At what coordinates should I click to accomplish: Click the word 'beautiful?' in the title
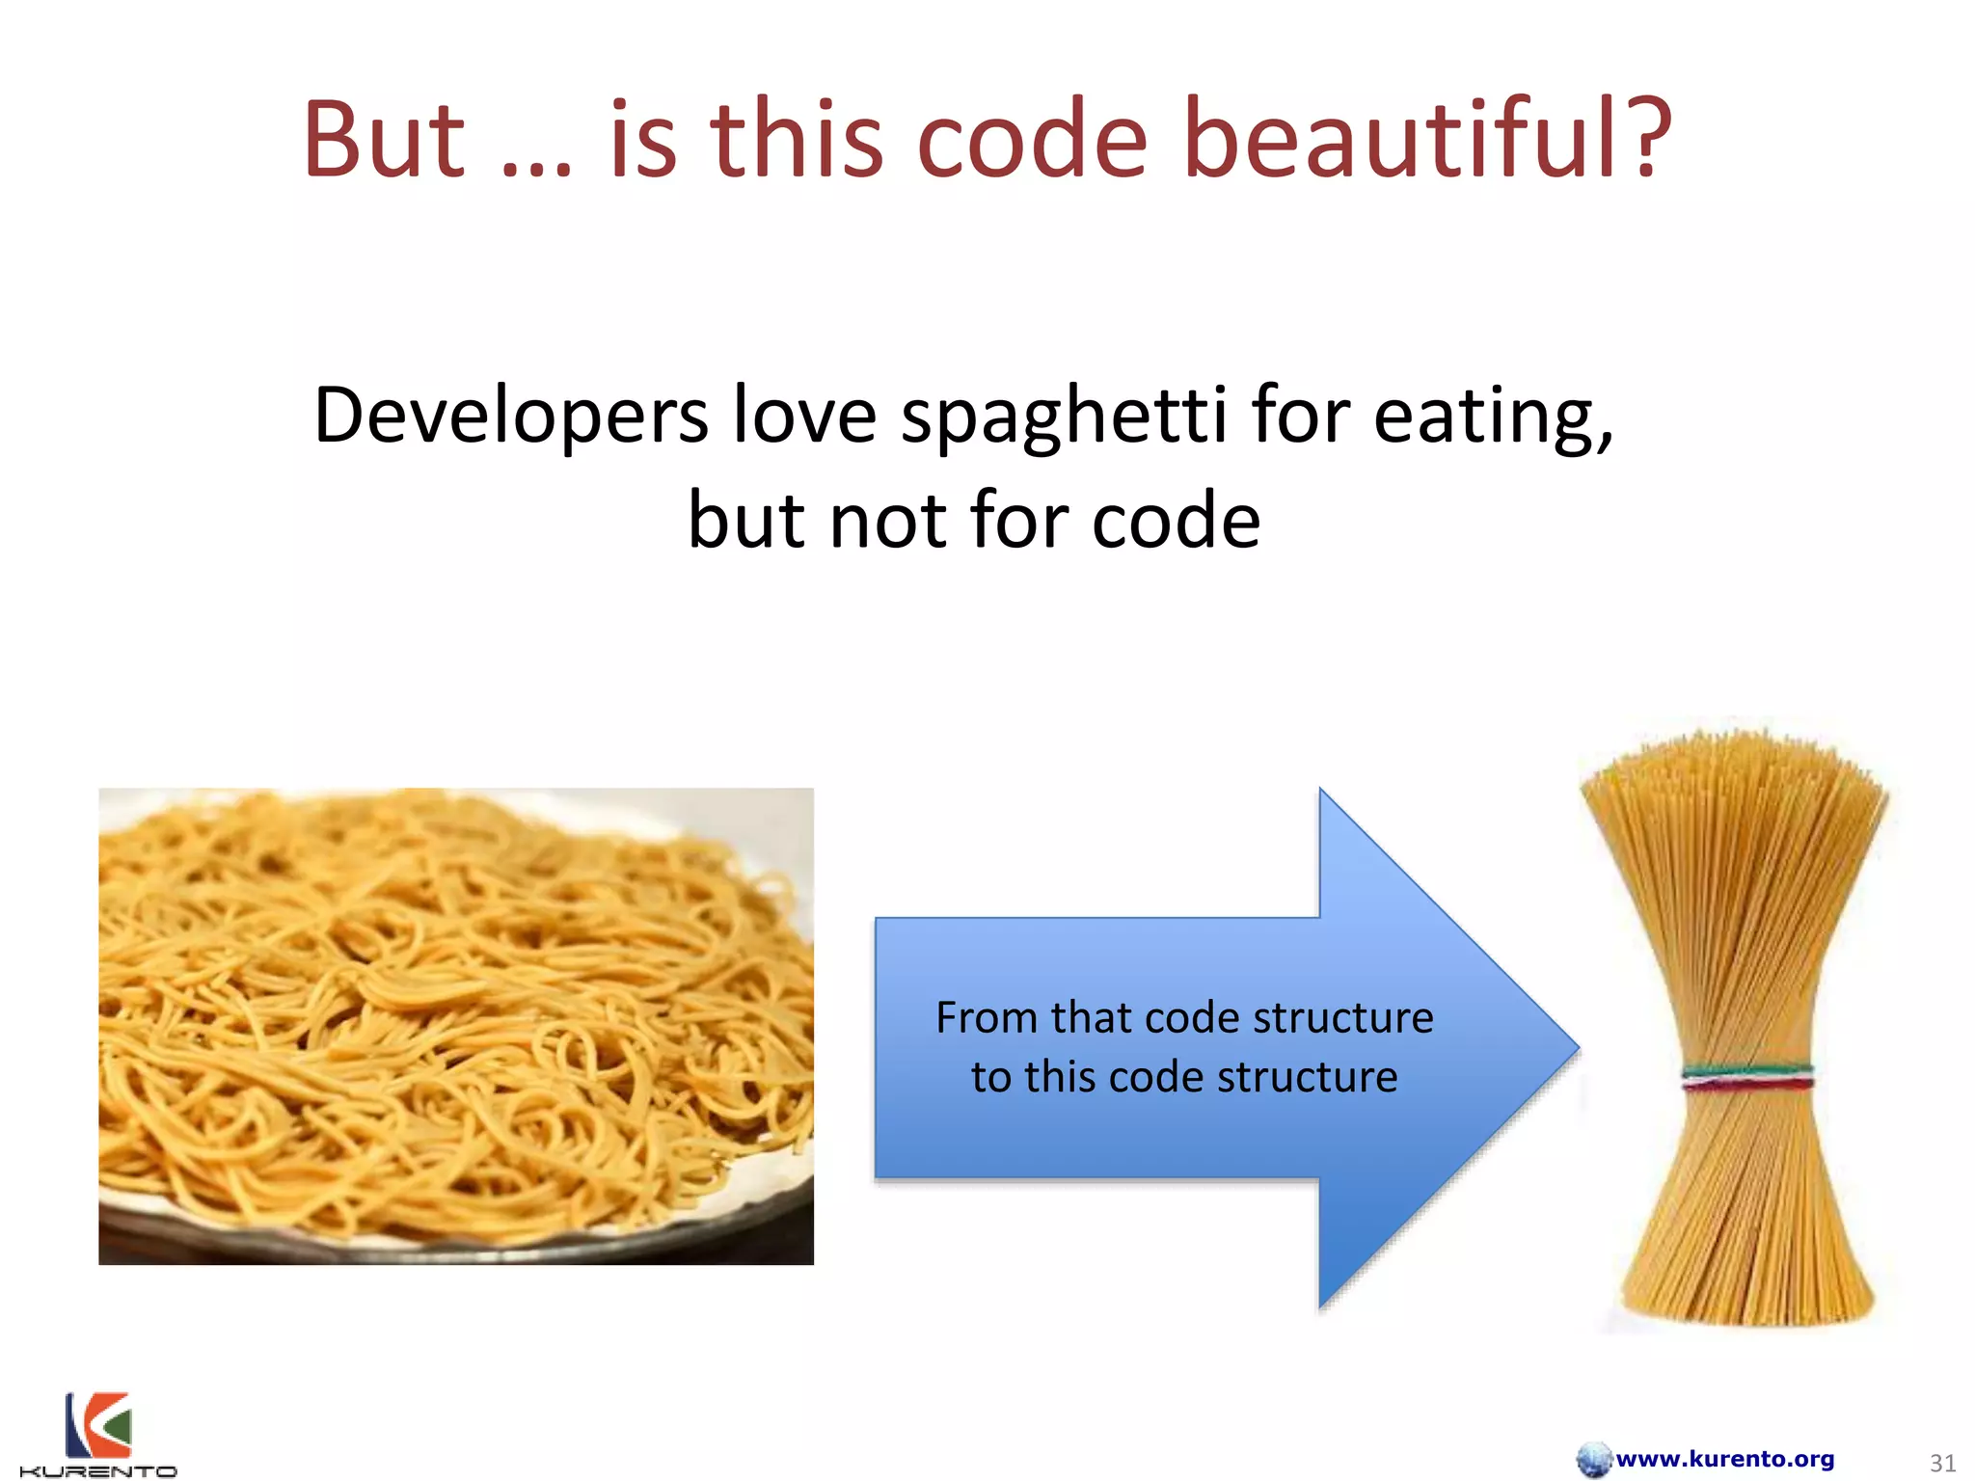tap(1427, 140)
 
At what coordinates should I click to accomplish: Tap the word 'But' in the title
tap(384, 140)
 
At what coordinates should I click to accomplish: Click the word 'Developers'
tap(511, 417)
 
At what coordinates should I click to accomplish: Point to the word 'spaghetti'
tap(1064, 417)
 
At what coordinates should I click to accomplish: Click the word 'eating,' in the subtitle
tap(1493, 417)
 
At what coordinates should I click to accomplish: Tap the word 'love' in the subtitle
tap(804, 417)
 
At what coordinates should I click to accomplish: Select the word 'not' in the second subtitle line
tap(888, 522)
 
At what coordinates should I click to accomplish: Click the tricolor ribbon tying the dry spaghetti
tap(1747, 1077)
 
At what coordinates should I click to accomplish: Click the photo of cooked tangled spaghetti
tap(455, 1026)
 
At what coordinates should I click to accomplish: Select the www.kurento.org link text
tap(1724, 1459)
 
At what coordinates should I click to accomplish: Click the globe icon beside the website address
tap(1593, 1459)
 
